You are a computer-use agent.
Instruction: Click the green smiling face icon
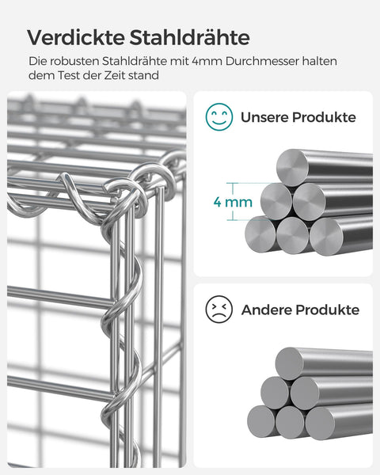(x=218, y=117)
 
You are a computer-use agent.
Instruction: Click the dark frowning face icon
(x=218, y=309)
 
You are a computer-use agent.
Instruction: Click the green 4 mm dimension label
(x=234, y=202)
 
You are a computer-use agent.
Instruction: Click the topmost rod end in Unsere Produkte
(x=291, y=166)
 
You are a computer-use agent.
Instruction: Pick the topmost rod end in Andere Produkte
(x=290, y=363)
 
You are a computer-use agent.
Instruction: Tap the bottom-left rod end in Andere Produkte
(x=260, y=420)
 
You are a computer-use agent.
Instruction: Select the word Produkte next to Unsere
(x=328, y=117)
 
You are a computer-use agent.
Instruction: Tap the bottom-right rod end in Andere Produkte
(x=321, y=423)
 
